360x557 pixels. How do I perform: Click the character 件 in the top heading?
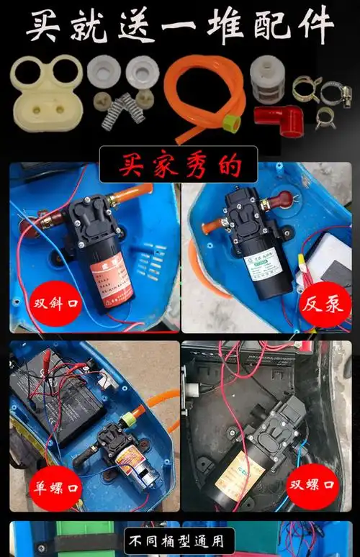point(314,27)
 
